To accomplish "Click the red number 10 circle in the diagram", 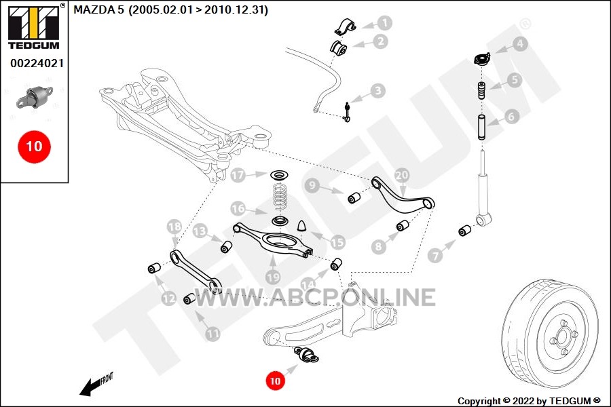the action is point(275,381).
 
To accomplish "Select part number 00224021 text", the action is point(37,63).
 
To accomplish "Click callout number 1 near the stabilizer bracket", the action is point(385,23).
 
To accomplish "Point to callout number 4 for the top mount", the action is point(520,43).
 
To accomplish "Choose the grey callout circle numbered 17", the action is point(238,175).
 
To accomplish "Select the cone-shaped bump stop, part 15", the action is point(303,225).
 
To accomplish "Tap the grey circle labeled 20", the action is point(402,175).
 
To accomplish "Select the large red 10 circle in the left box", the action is point(35,147).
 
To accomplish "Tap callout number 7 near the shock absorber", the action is point(435,256).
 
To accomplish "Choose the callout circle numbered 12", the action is point(169,298).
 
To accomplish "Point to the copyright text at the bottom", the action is point(529,401).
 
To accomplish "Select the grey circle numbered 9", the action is point(312,185).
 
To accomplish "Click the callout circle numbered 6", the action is point(511,116).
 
